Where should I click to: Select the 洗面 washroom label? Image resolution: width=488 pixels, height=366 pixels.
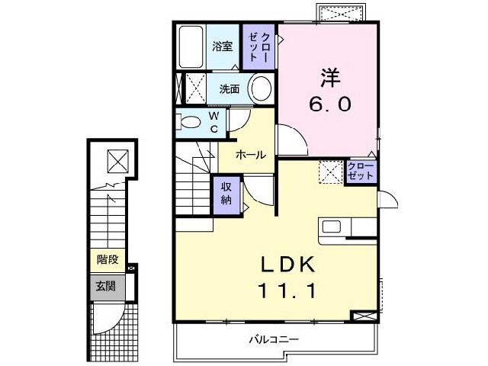tap(229, 89)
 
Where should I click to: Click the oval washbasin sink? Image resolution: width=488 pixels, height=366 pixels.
tap(261, 88)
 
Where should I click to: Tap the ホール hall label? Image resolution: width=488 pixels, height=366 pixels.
tap(250, 155)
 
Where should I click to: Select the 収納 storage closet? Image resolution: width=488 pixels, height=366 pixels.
tap(226, 193)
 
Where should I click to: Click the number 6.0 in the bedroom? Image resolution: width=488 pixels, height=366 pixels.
tap(329, 104)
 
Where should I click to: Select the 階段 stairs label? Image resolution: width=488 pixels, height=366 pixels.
tap(107, 260)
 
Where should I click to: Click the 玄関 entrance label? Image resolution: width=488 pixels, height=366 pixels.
tap(105, 287)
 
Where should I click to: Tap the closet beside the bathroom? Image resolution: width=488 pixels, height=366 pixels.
tap(259, 47)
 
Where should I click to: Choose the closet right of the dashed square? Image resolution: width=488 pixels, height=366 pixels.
tap(360, 172)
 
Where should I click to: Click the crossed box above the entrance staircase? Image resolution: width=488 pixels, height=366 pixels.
tap(117, 161)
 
